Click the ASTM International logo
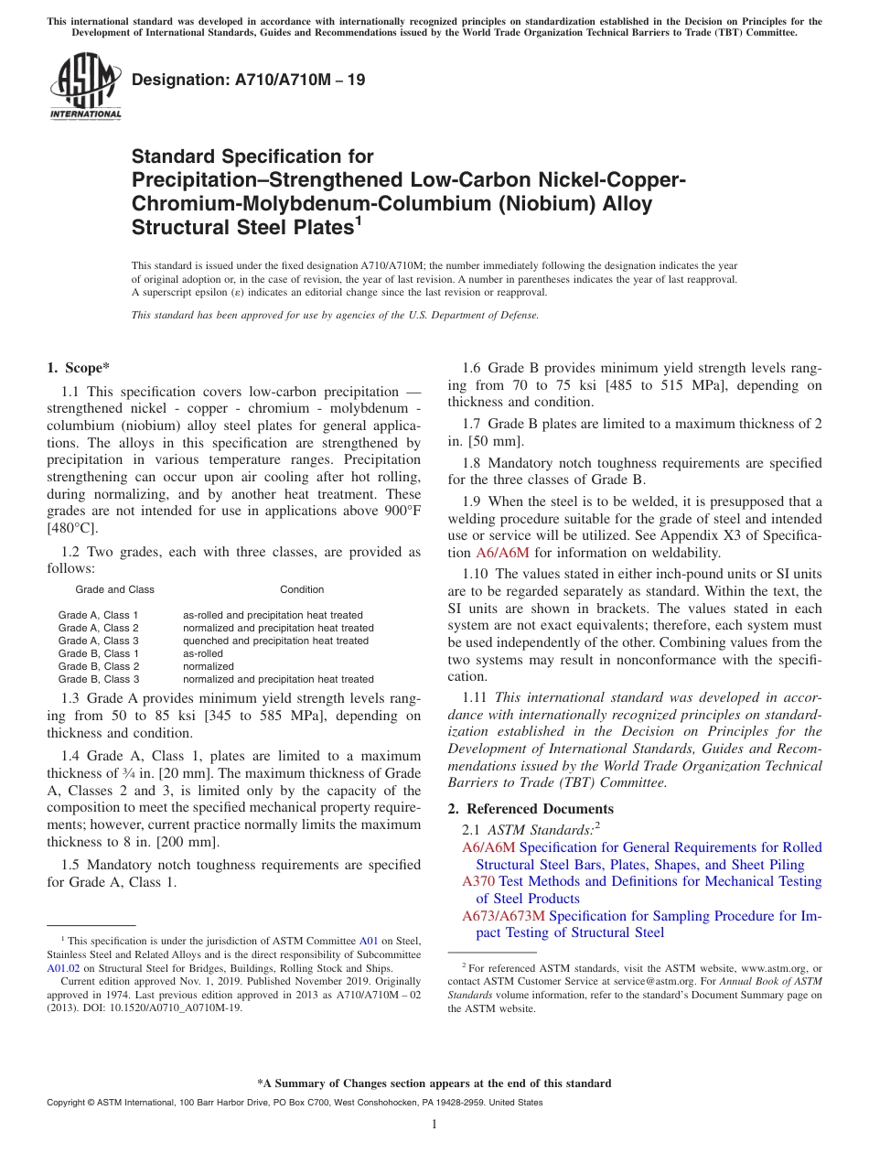tap(85, 87)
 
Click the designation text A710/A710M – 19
tap(249, 80)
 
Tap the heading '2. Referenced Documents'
tap(531, 809)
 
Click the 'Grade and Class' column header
tap(114, 589)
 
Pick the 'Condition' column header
tap(302, 589)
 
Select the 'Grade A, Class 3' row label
tap(99, 641)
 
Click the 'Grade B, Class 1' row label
tap(99, 653)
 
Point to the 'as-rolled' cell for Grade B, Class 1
tap(203, 653)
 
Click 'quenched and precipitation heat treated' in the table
tap(275, 641)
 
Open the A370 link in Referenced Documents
tap(478, 881)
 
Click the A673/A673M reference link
tap(503, 916)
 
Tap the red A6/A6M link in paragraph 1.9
tap(502, 553)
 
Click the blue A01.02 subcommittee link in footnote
tap(61, 968)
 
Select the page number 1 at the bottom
tap(434, 1125)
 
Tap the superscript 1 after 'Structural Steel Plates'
tap(359, 221)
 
